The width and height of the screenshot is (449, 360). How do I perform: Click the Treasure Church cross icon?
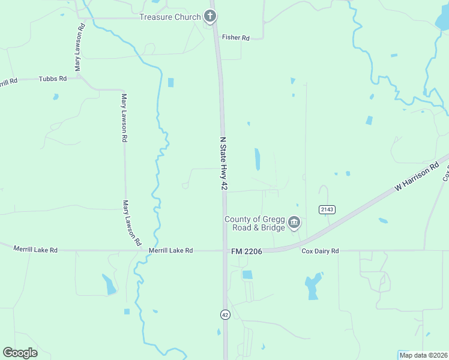pos(209,16)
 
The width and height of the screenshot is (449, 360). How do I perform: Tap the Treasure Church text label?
pos(170,17)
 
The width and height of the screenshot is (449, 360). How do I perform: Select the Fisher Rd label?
pos(235,37)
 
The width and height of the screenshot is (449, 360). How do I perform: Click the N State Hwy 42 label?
pos(223,163)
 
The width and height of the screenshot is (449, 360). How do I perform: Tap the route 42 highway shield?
pos(224,314)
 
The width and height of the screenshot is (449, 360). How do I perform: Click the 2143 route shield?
pos(327,209)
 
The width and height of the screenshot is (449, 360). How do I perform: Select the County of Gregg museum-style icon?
pos(294,223)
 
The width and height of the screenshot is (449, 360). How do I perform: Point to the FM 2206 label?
pos(246,251)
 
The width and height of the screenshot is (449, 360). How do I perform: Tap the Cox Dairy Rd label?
pos(320,251)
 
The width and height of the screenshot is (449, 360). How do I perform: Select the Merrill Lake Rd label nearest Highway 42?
pos(170,250)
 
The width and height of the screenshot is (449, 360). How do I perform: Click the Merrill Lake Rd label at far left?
pos(35,248)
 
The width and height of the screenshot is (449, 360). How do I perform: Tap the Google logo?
pos(20,352)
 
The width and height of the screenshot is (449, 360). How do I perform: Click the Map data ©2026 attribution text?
pos(423,355)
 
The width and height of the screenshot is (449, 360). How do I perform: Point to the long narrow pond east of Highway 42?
pos(258,159)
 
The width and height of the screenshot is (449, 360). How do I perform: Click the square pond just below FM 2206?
pos(247,275)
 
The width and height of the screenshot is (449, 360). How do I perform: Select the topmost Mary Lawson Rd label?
pos(77,49)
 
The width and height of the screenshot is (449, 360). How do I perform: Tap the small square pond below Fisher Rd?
pos(170,82)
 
